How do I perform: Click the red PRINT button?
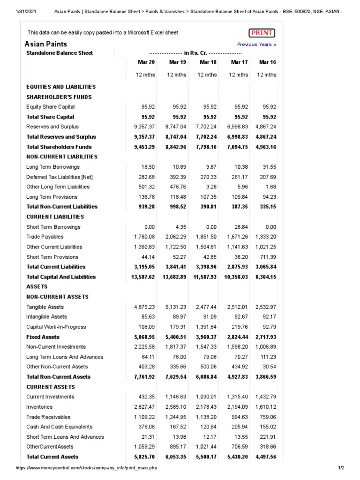tap(262, 33)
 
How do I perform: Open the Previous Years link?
tap(256, 45)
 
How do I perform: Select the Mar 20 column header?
tap(146, 62)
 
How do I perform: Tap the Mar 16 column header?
tap(267, 62)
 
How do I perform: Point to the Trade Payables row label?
tap(45, 237)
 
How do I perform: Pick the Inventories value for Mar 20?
tap(144, 407)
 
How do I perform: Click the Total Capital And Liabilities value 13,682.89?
tap(174, 277)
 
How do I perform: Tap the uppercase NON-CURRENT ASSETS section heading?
tap(57, 297)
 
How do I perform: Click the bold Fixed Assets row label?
tap(43, 337)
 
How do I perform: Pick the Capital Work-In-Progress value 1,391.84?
tap(205, 327)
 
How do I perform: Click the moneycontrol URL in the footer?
tap(86, 468)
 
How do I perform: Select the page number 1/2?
tap(341, 468)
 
